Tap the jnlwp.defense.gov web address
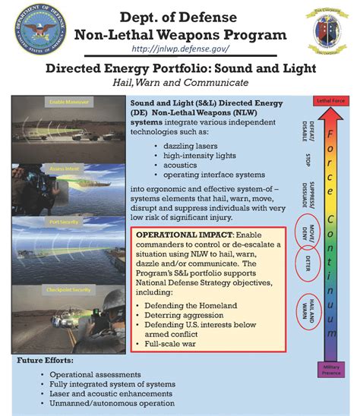click(179, 49)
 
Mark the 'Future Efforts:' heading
click(46, 361)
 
